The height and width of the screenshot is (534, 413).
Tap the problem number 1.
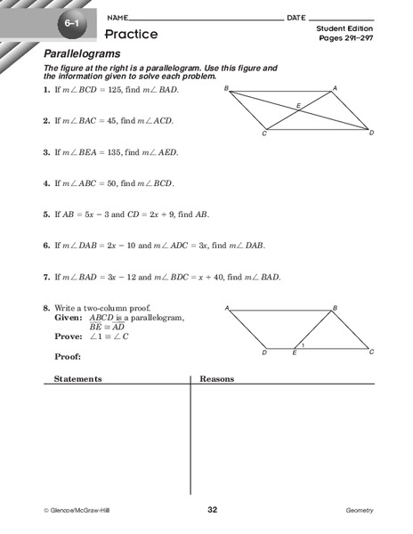point(45,91)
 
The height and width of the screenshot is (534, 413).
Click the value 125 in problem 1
point(117,91)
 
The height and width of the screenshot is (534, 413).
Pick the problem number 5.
point(45,214)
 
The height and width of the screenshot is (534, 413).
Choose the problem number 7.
point(45,277)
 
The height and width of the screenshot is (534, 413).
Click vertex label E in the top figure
point(299,105)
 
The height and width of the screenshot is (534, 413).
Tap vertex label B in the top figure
point(227,88)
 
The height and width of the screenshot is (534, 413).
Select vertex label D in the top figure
point(371,133)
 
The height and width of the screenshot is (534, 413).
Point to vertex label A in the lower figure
point(228,309)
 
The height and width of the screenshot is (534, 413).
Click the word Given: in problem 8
point(68,317)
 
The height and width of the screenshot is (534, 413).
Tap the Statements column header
point(78,378)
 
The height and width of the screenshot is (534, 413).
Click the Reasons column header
point(217,378)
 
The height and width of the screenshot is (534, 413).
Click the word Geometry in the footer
point(360,510)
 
